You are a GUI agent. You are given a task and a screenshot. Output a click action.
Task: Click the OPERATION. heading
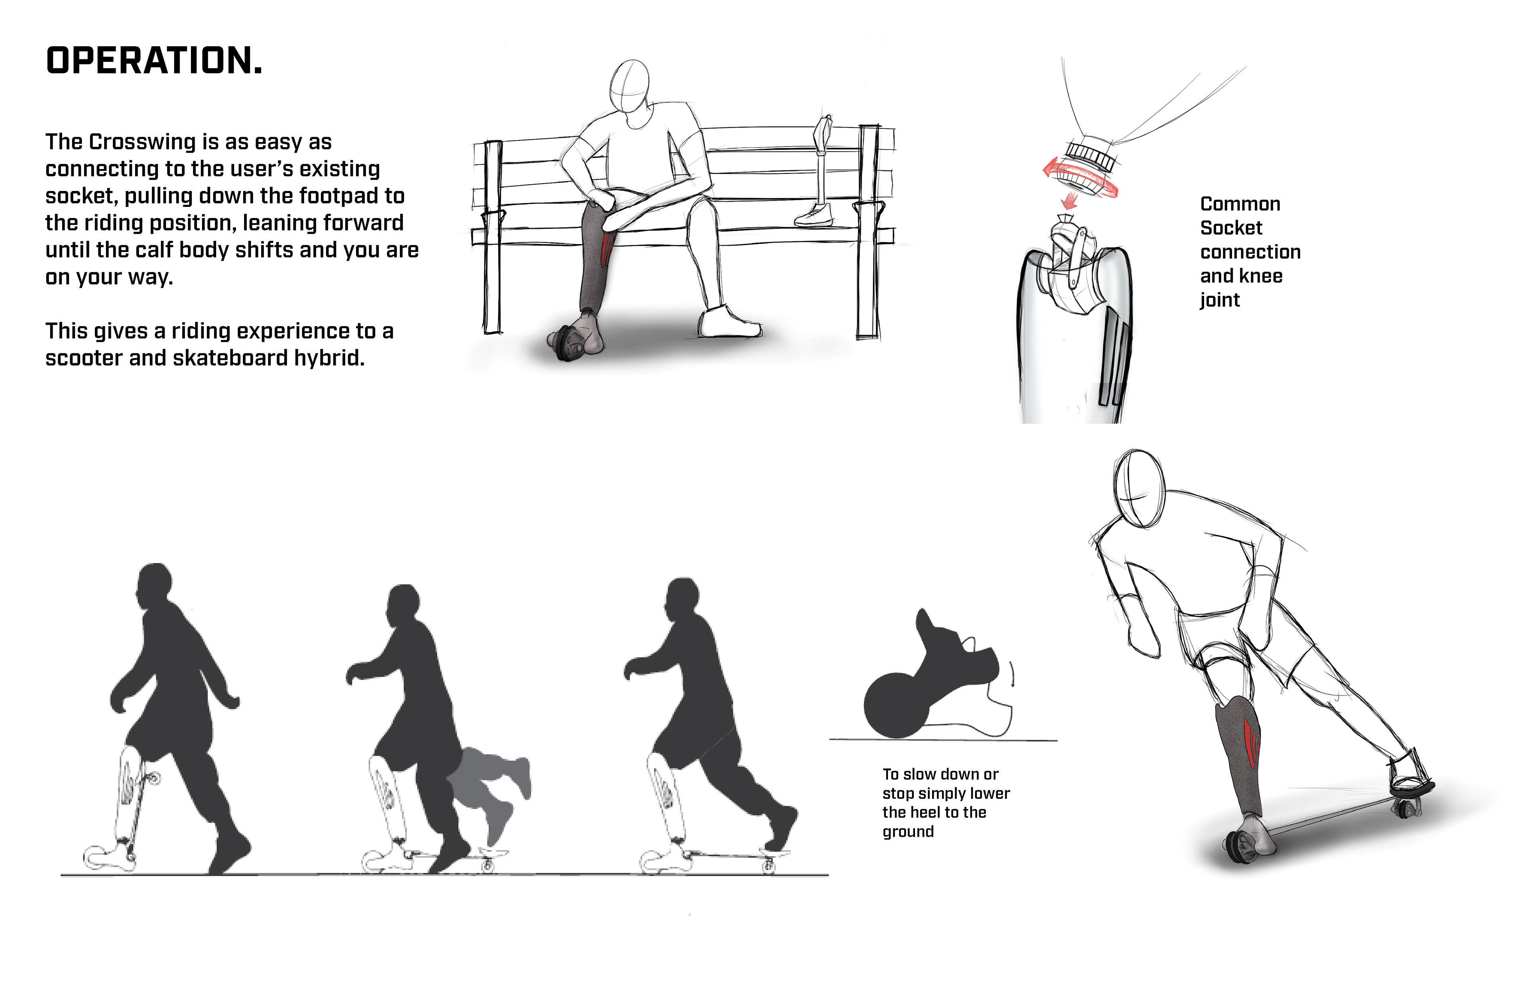click(x=154, y=61)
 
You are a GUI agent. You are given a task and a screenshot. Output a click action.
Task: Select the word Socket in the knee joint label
click(x=1231, y=228)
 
